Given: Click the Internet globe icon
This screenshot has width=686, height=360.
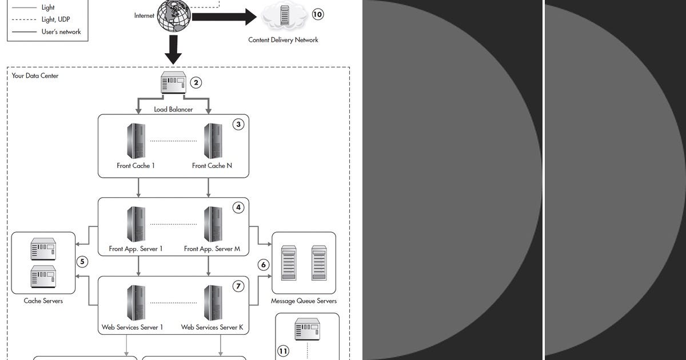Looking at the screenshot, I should click(174, 16).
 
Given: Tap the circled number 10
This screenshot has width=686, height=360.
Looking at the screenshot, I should click(317, 15).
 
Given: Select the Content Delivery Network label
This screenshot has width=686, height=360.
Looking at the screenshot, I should click(283, 40).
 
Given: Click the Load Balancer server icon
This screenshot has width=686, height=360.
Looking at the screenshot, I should click(174, 83).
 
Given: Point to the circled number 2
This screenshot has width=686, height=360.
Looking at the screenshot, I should click(196, 83).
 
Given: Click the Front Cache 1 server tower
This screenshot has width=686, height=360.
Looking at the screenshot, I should click(136, 141).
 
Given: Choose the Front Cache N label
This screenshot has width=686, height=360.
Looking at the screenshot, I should click(212, 166).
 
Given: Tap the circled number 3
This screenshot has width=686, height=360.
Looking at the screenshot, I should click(238, 125).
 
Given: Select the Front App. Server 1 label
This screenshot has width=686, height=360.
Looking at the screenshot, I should click(136, 249).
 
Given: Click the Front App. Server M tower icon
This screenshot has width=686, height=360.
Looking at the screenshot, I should click(213, 224).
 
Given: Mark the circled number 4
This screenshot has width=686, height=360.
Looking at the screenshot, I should click(238, 207).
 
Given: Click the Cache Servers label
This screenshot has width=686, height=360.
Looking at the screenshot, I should click(43, 301).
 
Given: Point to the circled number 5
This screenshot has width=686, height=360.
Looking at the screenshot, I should click(82, 262).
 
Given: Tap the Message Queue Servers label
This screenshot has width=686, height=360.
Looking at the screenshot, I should click(304, 301).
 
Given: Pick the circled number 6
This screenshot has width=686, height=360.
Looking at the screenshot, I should click(264, 265).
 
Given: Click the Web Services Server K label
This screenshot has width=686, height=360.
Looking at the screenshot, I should click(212, 327).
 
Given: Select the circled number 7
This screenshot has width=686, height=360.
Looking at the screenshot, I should click(238, 286).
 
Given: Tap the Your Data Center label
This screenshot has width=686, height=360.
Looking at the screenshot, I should click(35, 75).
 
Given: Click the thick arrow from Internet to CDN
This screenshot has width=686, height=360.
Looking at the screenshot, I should click(224, 17).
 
